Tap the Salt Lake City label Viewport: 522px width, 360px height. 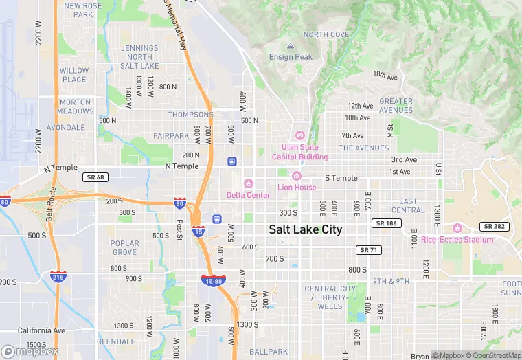306,229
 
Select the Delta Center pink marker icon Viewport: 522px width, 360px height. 249,184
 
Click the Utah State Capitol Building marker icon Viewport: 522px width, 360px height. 299,135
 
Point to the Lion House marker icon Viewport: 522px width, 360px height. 297,176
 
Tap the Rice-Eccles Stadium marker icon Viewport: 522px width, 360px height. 457,228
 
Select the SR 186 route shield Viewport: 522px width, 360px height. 386,223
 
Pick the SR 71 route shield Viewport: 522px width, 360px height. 367,249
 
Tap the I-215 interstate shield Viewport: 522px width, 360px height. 58,277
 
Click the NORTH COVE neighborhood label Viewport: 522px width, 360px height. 326,34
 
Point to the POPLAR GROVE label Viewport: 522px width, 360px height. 125,247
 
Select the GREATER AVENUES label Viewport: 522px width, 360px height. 396,105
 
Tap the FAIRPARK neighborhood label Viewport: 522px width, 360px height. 171,136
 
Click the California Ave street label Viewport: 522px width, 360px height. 39,330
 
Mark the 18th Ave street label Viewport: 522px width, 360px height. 385,75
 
